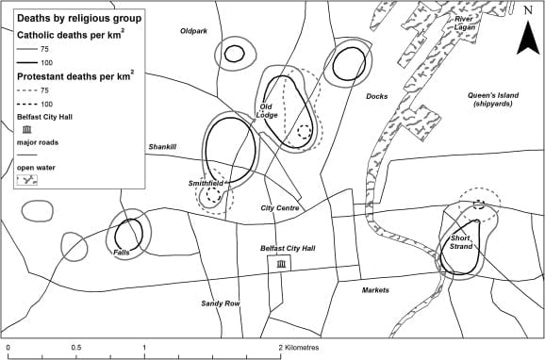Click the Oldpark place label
(x=193, y=31)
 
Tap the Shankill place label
(x=162, y=147)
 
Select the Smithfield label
(x=206, y=183)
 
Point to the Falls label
(x=122, y=253)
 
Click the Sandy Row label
(x=221, y=303)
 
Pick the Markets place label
(x=375, y=290)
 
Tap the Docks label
(x=377, y=96)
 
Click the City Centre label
(x=280, y=207)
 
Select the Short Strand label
(x=461, y=242)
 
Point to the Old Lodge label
(x=267, y=111)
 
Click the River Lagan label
(x=465, y=23)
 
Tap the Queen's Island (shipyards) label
(x=493, y=99)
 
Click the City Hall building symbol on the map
(x=281, y=265)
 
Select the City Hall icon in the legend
(x=26, y=130)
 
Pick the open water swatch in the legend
(x=27, y=180)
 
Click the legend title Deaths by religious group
(x=79, y=18)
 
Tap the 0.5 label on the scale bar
(x=76, y=348)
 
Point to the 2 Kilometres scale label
(x=299, y=348)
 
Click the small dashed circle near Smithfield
(x=213, y=194)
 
